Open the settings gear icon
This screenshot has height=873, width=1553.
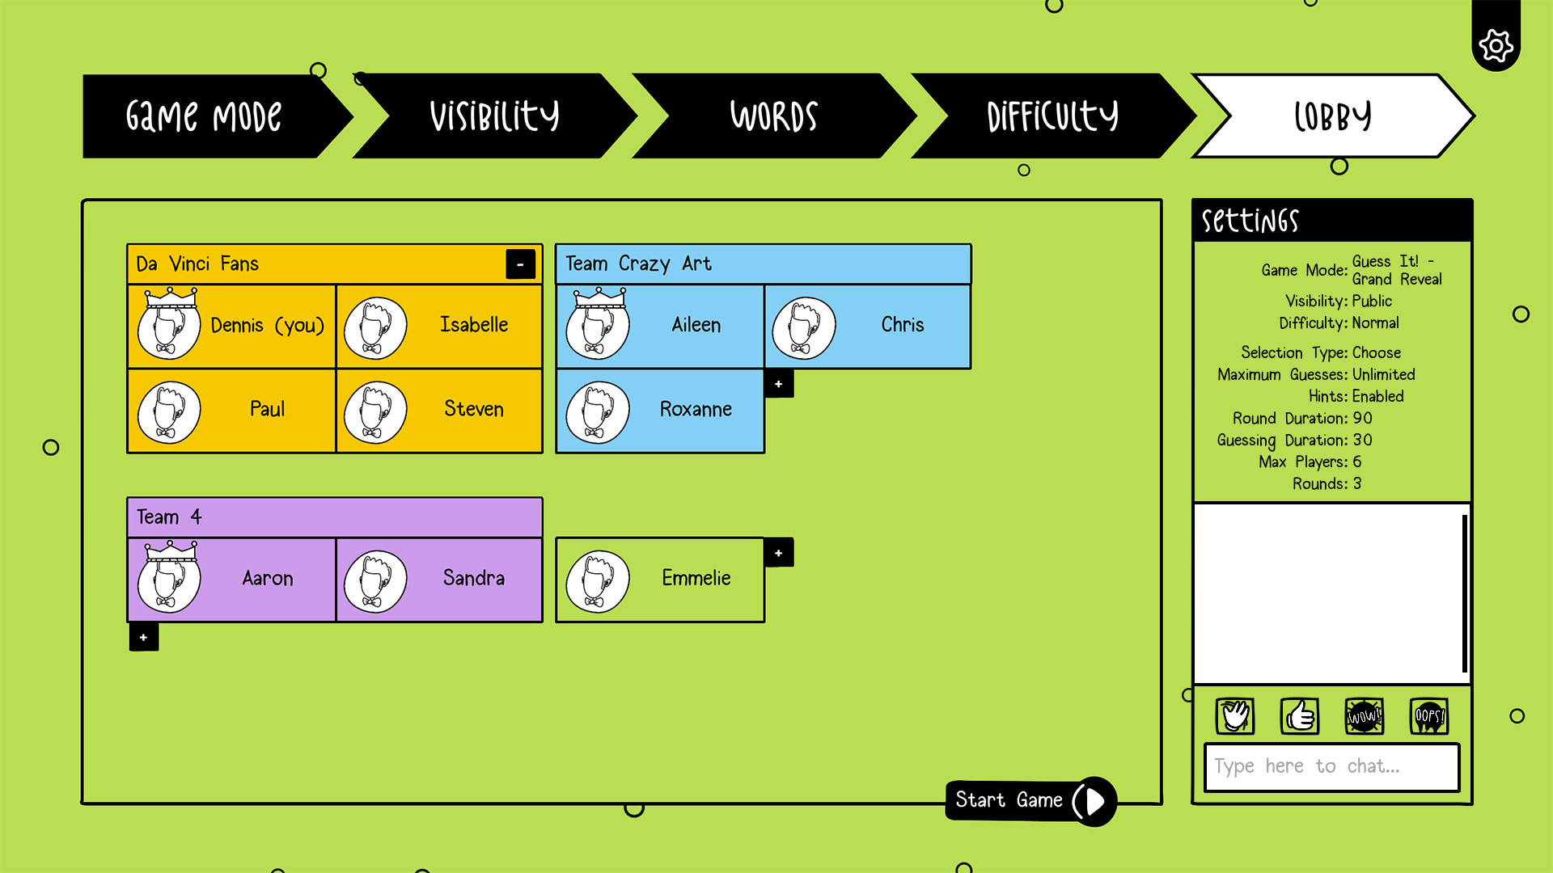pyautogui.click(x=1496, y=45)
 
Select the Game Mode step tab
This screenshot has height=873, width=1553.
pyautogui.click(x=204, y=116)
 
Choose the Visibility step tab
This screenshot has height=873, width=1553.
pyautogui.click(x=494, y=116)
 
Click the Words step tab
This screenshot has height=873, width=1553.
pyautogui.click(x=773, y=116)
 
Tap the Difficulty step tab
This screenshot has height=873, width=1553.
pyautogui.click(x=1052, y=116)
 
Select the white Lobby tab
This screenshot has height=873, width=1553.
pyautogui.click(x=1332, y=116)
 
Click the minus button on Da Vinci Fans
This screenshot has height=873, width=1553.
pyautogui.click(x=520, y=264)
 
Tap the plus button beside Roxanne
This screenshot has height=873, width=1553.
pyautogui.click(x=778, y=384)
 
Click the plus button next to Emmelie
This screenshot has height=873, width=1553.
pyautogui.click(x=778, y=553)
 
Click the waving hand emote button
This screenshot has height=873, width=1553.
pyautogui.click(x=1234, y=716)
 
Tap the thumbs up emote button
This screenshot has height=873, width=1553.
pyautogui.click(x=1299, y=716)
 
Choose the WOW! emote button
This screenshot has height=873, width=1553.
pyautogui.click(x=1364, y=716)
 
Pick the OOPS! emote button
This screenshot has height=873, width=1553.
pyautogui.click(x=1428, y=716)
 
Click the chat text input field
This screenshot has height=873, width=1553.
pyautogui.click(x=1331, y=766)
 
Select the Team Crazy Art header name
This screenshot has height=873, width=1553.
pyautogui.click(x=638, y=264)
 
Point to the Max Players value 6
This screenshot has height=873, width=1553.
pyautogui.click(x=1356, y=462)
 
